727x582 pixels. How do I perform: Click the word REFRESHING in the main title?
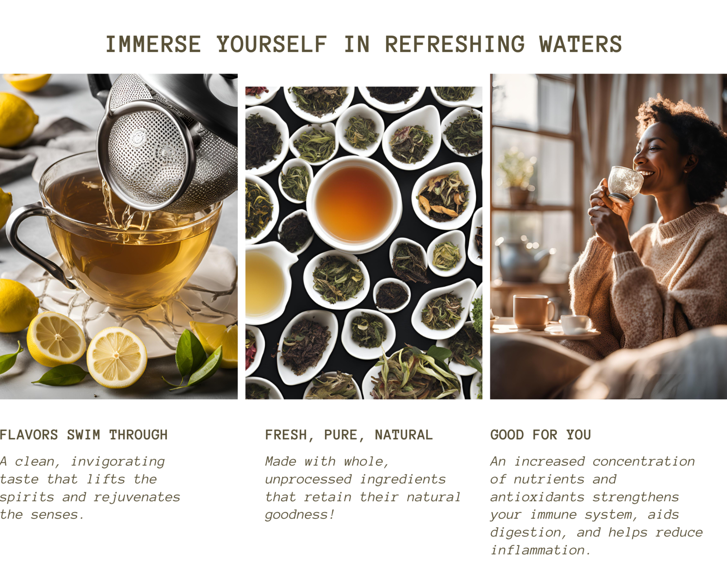click(455, 44)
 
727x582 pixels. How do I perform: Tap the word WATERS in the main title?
click(581, 44)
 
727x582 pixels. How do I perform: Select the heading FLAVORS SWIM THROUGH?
click(84, 435)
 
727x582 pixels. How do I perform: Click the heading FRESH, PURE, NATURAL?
click(349, 435)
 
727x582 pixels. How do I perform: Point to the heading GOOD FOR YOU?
click(541, 435)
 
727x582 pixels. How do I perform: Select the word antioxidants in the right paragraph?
click(538, 497)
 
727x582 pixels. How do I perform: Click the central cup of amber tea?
click(354, 204)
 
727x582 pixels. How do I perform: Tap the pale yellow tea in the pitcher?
click(264, 284)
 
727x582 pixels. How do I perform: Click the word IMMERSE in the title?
click(153, 44)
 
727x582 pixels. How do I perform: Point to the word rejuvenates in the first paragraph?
click(137, 497)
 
